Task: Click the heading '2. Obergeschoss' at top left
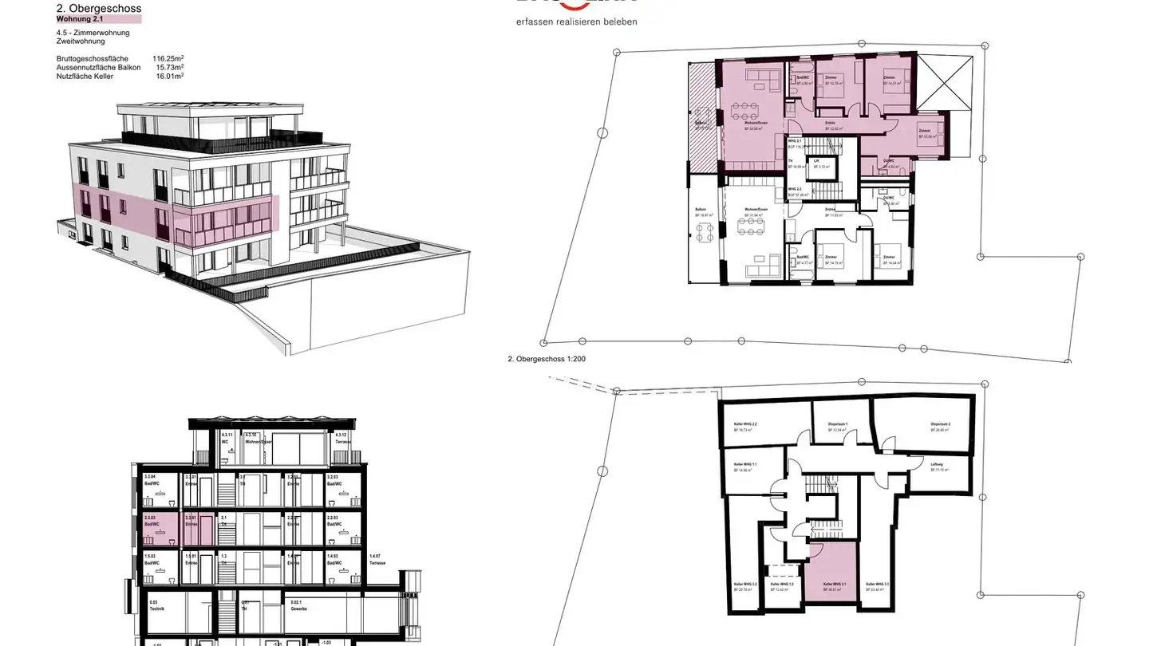click(x=99, y=9)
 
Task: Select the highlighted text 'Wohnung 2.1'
click(x=80, y=18)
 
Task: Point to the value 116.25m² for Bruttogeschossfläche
click(x=168, y=58)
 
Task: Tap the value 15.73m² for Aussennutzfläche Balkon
click(x=170, y=68)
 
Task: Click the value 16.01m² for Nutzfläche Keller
click(x=170, y=77)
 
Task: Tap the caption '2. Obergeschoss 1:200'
click(x=547, y=359)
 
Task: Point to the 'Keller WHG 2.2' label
click(x=744, y=427)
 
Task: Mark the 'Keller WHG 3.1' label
click(x=877, y=587)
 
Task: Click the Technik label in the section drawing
click(x=156, y=605)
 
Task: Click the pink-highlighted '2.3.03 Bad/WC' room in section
click(x=160, y=527)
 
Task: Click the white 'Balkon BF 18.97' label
click(x=703, y=214)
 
